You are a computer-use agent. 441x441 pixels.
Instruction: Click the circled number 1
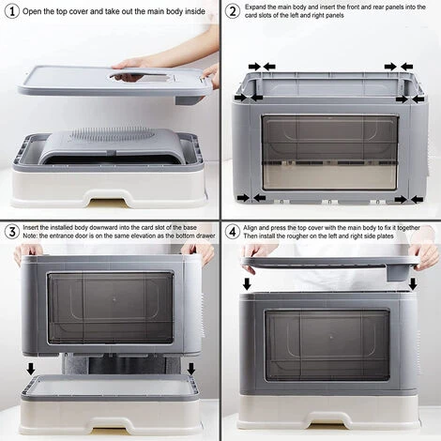coord(10,12)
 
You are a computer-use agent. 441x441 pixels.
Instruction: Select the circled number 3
coord(10,232)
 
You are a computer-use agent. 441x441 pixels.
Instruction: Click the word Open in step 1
coord(34,12)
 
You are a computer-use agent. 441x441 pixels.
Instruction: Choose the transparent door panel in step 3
coord(110,307)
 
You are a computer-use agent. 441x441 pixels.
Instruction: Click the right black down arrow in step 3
coord(191,368)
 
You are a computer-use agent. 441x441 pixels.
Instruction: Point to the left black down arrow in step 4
coord(248,282)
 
